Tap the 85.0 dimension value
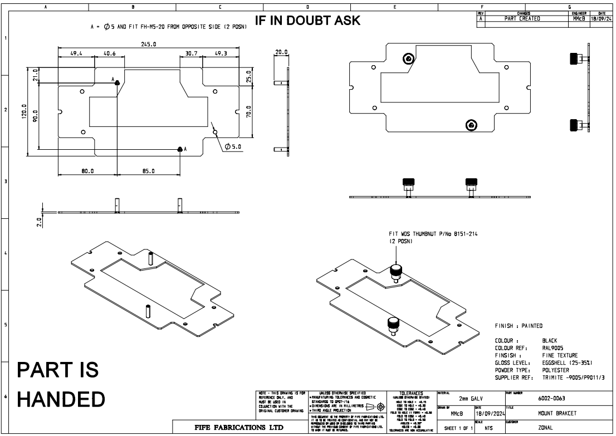pyautogui.click(x=148, y=171)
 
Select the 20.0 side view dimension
pyautogui.click(x=282, y=52)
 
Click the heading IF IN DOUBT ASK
pyautogui.click(x=307, y=21)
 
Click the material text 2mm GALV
pyautogui.click(x=471, y=398)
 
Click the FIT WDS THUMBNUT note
pyautogui.click(x=433, y=234)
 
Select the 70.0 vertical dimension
pyautogui.click(x=248, y=112)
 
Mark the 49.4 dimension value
pyautogui.click(x=76, y=54)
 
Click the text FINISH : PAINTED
pyautogui.click(x=519, y=326)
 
